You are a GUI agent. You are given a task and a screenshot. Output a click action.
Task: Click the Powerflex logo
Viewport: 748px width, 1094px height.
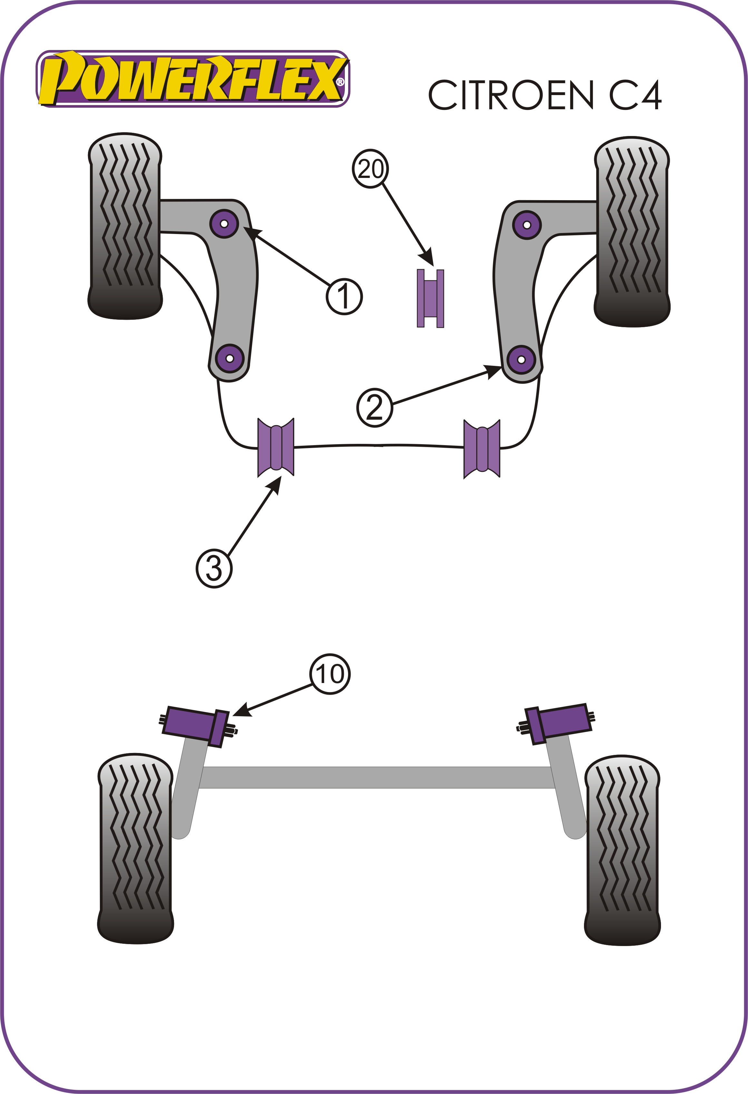(193, 79)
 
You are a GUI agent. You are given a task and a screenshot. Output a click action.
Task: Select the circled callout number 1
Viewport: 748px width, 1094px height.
(345, 297)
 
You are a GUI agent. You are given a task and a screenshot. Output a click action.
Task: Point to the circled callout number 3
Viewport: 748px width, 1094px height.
(214, 568)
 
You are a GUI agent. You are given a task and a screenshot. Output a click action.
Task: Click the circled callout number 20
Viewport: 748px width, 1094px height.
(371, 169)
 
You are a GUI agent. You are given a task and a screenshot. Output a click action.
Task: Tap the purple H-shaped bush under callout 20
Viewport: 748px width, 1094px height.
(430, 298)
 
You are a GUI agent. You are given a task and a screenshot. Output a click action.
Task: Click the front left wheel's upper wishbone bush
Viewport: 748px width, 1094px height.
(224, 224)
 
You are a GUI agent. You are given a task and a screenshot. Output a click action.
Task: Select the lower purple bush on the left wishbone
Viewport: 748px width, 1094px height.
(230, 359)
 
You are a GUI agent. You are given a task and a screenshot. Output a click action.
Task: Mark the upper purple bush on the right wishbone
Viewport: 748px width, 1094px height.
(527, 225)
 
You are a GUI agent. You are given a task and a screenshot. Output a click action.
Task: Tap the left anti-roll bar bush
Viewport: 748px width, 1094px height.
(276, 447)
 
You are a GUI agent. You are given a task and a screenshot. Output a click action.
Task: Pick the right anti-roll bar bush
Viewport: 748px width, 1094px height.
(482, 449)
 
